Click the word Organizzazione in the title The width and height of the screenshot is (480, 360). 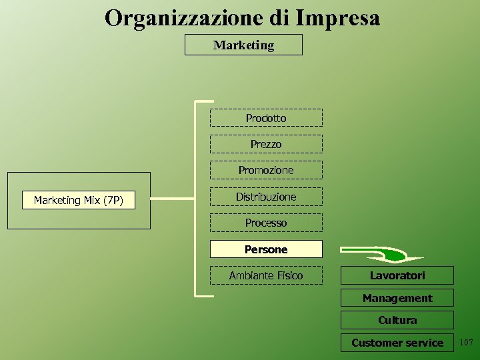(x=185, y=18)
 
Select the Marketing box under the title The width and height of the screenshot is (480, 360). (x=243, y=45)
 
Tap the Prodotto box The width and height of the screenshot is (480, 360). (x=266, y=118)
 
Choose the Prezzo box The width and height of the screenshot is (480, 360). (x=266, y=144)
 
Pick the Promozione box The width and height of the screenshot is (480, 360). (x=266, y=171)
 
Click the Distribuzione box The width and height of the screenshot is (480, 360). (x=266, y=197)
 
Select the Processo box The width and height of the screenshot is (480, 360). (x=266, y=223)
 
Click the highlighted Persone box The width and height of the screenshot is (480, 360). (x=266, y=249)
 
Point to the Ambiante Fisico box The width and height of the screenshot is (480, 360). (x=266, y=275)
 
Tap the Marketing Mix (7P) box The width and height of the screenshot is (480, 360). (x=79, y=200)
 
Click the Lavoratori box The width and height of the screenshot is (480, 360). (x=397, y=275)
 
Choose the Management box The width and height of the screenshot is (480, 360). (x=397, y=298)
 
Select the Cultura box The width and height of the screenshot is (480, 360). (x=397, y=320)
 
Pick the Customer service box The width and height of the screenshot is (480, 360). (x=397, y=343)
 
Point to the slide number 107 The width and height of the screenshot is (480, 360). (x=466, y=343)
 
